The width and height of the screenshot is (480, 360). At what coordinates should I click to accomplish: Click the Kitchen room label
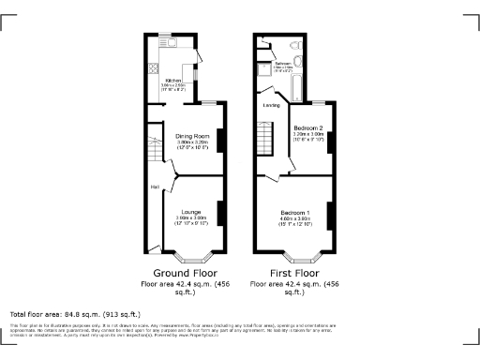click(x=173, y=81)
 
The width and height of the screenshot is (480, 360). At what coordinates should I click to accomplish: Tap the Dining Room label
click(x=192, y=136)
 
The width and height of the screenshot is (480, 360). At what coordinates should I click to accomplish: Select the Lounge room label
click(x=192, y=212)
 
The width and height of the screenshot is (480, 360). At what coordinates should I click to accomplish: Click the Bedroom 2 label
click(x=307, y=127)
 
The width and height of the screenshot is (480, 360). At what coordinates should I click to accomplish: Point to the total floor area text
click(x=75, y=314)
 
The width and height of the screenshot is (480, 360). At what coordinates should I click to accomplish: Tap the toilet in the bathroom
click(x=296, y=44)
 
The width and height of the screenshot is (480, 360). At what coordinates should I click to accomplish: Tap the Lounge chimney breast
click(x=220, y=214)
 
